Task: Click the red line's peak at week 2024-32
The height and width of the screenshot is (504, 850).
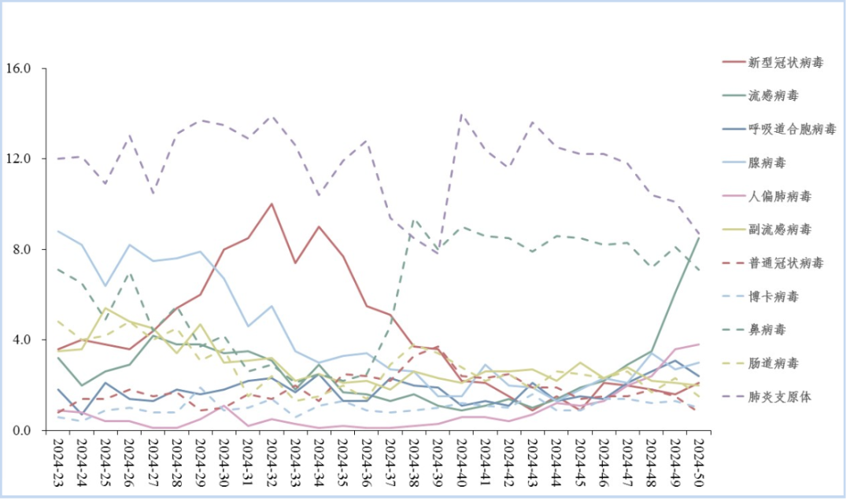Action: [272, 204]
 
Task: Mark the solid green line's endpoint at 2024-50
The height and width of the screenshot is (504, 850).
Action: [699, 238]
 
